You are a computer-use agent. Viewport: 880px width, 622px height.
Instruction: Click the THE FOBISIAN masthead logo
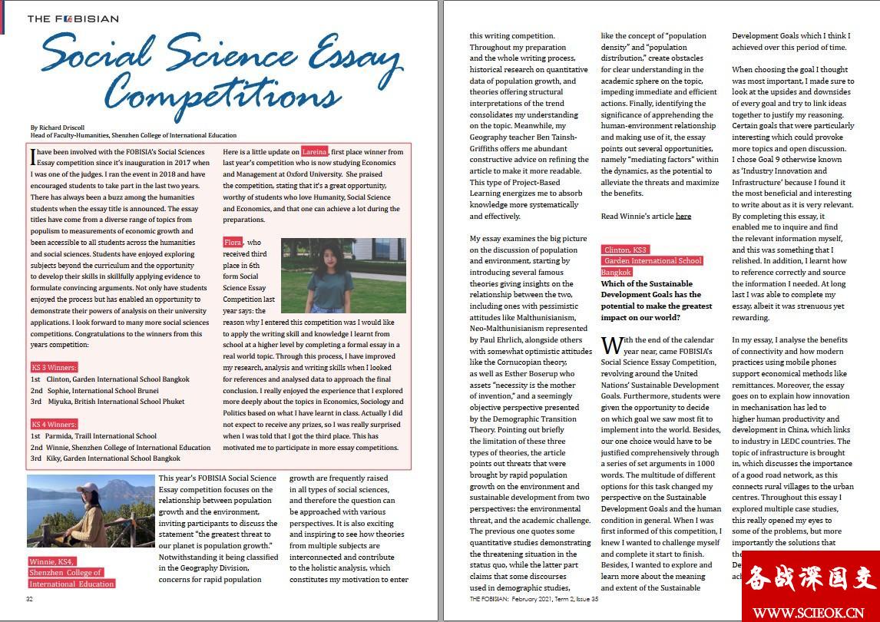tap(73, 18)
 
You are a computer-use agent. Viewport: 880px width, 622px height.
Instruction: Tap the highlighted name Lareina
tap(314, 152)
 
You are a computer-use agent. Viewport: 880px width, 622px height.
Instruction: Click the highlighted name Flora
tap(233, 243)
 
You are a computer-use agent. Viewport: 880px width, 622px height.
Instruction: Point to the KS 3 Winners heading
tap(55, 368)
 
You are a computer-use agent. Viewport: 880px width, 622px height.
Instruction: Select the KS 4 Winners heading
tap(55, 424)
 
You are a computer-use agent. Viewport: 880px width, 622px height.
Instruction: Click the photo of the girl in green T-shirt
tap(343, 274)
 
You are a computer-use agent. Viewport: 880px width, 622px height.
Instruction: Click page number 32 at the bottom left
tap(30, 599)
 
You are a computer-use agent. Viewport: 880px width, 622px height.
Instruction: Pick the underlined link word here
tap(683, 217)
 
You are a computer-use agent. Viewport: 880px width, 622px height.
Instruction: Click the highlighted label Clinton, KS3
tap(626, 250)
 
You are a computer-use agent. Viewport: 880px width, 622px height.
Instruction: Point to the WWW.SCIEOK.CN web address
tap(810, 613)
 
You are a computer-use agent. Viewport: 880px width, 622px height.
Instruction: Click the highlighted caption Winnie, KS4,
tap(54, 562)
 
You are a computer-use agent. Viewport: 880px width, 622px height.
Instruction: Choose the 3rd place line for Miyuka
tap(108, 402)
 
